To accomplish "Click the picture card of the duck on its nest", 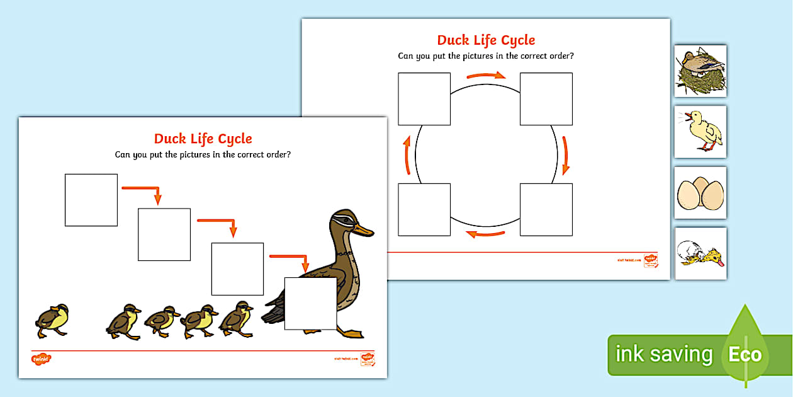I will [700, 71].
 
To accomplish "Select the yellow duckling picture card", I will [700, 132].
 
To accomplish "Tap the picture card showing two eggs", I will [700, 193].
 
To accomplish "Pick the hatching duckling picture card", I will [700, 253].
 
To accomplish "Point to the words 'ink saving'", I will [664, 354].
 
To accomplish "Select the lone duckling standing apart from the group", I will [52, 319].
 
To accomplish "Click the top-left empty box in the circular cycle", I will [424, 99].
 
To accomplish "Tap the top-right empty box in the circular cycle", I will [546, 99].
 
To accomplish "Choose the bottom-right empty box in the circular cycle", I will [546, 209].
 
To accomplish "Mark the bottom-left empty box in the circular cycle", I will [424, 209].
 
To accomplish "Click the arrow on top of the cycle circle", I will [486, 76].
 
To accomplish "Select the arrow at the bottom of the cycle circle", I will [485, 235].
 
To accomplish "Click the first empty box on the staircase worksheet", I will [91, 200].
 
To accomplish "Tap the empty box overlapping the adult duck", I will [310, 303].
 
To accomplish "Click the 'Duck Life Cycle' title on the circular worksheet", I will [486, 40].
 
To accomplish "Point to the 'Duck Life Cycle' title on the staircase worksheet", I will [203, 139].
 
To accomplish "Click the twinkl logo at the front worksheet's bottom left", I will [41, 359].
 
